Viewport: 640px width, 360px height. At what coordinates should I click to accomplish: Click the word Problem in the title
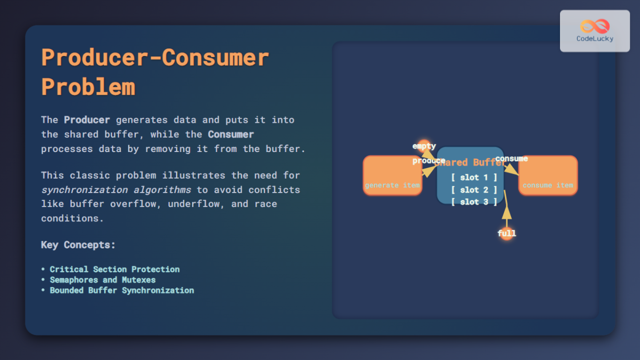click(x=88, y=87)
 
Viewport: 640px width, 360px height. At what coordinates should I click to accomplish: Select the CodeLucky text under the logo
click(x=595, y=39)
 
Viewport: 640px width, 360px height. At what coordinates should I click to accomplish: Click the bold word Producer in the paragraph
click(x=86, y=120)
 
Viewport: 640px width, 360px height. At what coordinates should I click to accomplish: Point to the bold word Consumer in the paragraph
click(x=231, y=134)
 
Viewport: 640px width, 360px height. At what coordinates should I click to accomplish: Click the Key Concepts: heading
click(x=78, y=245)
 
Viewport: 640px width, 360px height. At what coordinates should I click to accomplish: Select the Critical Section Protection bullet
click(x=114, y=269)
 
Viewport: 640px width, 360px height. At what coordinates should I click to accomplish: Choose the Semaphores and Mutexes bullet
click(x=102, y=280)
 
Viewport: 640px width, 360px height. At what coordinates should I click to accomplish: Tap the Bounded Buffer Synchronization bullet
click(x=122, y=291)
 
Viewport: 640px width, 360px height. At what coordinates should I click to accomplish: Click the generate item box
click(x=393, y=175)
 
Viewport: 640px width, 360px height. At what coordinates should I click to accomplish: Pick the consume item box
click(x=548, y=175)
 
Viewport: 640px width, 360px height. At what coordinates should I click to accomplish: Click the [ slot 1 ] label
click(x=474, y=178)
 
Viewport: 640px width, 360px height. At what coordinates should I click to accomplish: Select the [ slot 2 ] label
click(x=474, y=190)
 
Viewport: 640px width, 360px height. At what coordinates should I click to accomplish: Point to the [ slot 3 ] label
click(x=474, y=202)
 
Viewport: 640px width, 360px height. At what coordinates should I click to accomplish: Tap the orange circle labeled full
click(x=507, y=234)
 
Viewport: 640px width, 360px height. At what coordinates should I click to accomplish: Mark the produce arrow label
click(x=428, y=161)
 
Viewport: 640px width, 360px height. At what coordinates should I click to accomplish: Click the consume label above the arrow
click(x=511, y=158)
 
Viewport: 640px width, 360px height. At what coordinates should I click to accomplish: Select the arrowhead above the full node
click(x=507, y=212)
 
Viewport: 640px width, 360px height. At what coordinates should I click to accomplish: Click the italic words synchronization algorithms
click(x=116, y=190)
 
